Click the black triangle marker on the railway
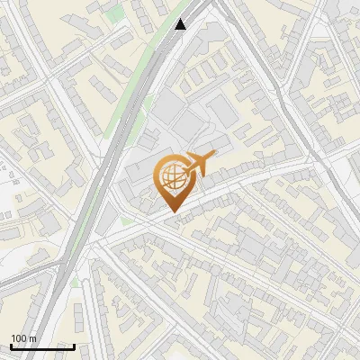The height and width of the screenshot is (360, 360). [181, 24]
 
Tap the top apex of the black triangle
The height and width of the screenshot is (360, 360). [181, 19]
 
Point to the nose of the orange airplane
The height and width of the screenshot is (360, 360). [213, 157]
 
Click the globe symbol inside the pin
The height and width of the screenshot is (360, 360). [172, 178]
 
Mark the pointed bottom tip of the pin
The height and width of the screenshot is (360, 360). [173, 212]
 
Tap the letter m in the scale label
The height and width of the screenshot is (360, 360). [33, 338]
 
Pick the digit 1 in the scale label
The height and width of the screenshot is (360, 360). [13, 338]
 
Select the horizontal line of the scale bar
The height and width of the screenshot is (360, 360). [42, 346]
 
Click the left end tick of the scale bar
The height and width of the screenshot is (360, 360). [11, 345]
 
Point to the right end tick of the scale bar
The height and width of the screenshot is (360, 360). [74, 345]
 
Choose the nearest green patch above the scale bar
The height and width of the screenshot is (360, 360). [76, 283]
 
